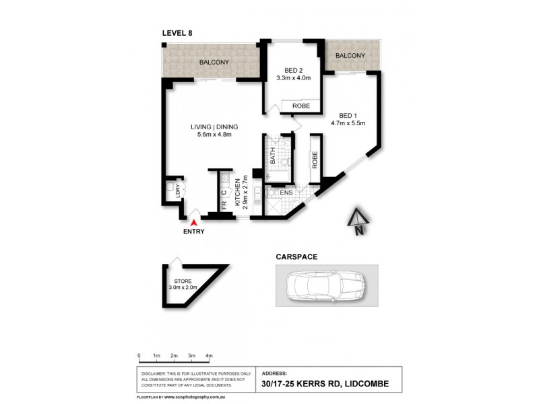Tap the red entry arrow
[x=195, y=222]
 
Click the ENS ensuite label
[x=286, y=193]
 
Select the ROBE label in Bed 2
[x=300, y=106]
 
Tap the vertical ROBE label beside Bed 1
[x=315, y=159]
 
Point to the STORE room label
[x=183, y=281]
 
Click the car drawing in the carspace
[x=325, y=285]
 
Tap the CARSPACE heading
[x=296, y=257]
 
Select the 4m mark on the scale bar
[x=209, y=355]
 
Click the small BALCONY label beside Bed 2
[x=350, y=56]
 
